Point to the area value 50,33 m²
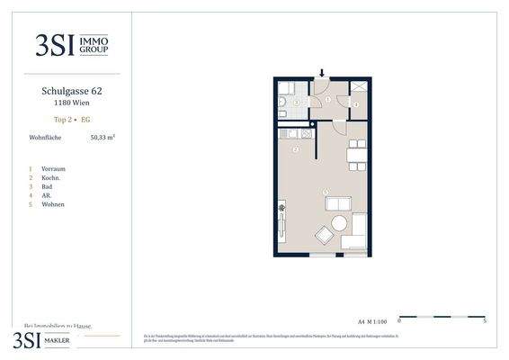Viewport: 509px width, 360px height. [102, 138]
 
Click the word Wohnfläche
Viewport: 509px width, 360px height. [44, 138]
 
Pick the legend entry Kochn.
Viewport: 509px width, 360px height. [51, 177]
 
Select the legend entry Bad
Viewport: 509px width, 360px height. [47, 186]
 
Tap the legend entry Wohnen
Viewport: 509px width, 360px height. [53, 204]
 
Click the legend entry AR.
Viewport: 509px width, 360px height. [46, 195]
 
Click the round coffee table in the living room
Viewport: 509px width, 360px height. [340, 223]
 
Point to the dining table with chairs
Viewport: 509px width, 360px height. [357, 154]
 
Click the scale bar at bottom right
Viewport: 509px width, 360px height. [442, 317]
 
